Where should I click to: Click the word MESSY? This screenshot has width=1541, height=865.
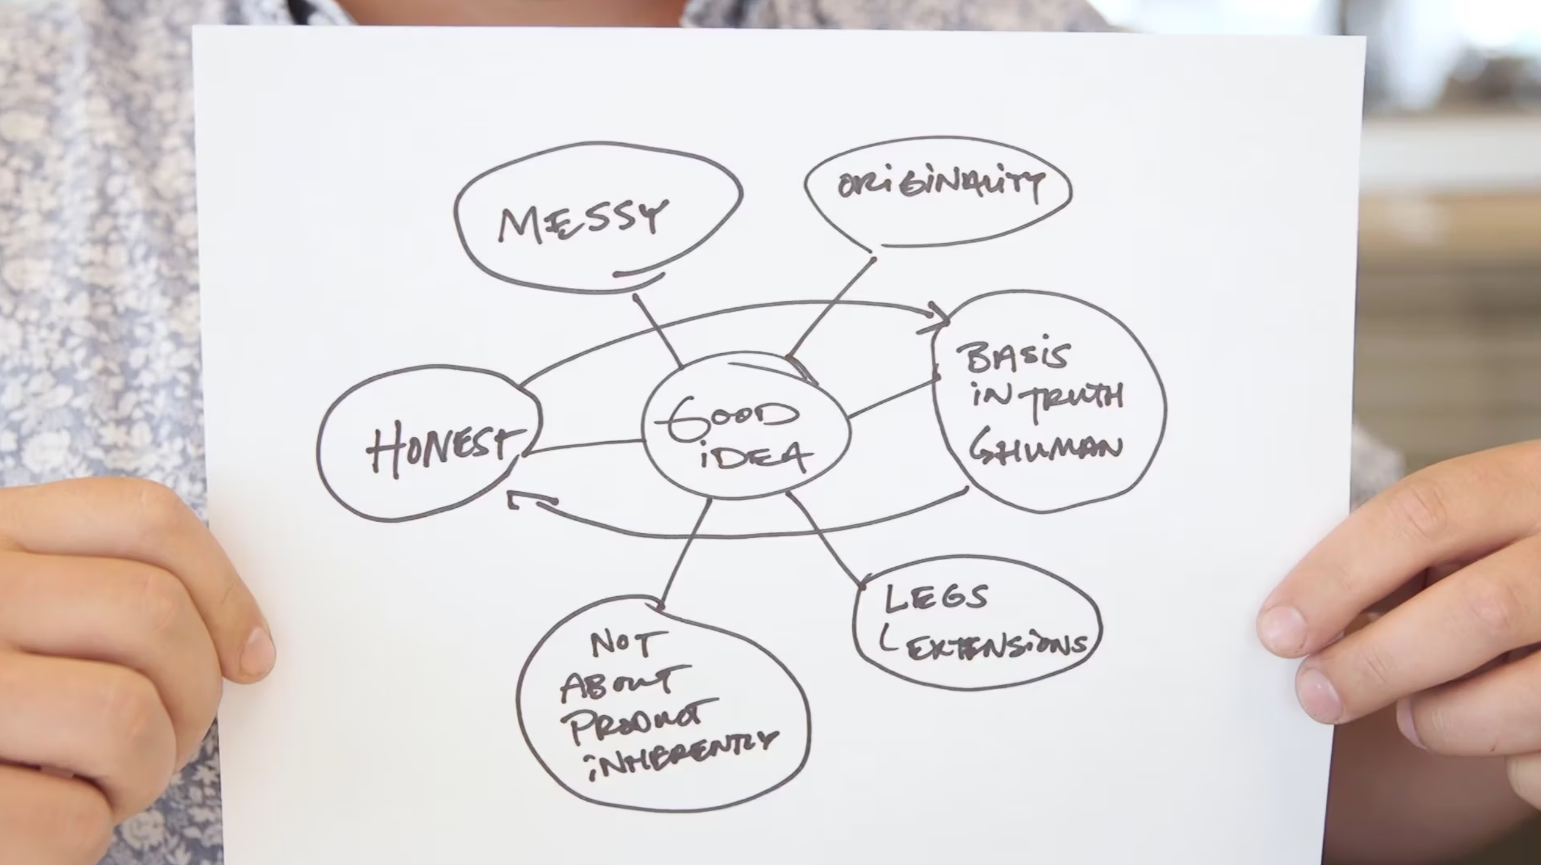[x=582, y=220]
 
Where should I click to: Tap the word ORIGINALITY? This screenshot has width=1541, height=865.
[x=940, y=185]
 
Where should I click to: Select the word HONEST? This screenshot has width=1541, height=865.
[x=445, y=447]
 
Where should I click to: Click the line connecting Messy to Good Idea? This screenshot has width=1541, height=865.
[x=657, y=331]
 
